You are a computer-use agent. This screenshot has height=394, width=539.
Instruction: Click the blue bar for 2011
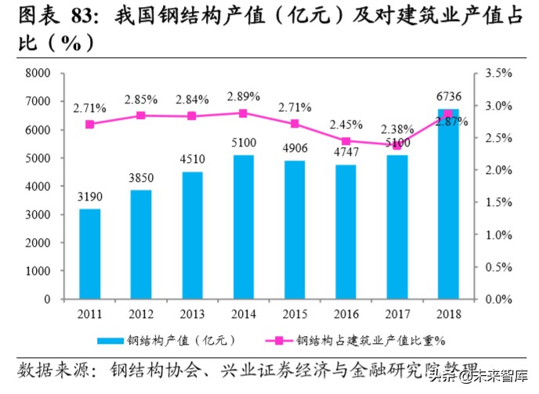tap(89, 254)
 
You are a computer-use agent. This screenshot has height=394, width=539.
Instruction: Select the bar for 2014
tap(244, 227)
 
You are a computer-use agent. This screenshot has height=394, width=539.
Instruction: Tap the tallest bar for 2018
tap(448, 204)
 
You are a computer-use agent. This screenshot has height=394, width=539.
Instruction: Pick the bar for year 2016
tap(345, 232)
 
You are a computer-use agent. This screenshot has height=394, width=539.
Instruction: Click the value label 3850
tap(141, 178)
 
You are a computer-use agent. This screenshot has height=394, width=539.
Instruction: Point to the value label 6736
tap(447, 97)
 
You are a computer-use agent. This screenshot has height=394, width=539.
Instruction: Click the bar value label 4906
tap(295, 149)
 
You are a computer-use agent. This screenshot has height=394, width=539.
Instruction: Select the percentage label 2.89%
tap(243, 96)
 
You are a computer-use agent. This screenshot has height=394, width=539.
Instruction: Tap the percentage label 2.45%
tap(345, 124)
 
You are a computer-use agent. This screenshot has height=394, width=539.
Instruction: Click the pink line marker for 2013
tap(192, 116)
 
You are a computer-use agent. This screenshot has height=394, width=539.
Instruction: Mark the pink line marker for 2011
tap(89, 124)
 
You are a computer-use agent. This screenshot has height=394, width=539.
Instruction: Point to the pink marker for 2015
tap(295, 124)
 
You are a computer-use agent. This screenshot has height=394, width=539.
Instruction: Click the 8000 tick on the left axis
tap(38, 74)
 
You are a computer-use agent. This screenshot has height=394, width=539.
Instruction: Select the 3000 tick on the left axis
tap(38, 215)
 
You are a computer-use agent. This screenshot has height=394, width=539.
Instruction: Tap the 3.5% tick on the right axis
tap(499, 74)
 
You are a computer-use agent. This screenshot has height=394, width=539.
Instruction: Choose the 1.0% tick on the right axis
tap(499, 235)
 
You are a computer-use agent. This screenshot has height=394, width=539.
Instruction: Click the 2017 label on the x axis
tap(396, 315)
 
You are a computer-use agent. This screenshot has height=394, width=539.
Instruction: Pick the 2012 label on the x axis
tap(141, 315)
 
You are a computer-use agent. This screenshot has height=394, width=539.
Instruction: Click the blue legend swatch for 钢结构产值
tap(110, 340)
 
